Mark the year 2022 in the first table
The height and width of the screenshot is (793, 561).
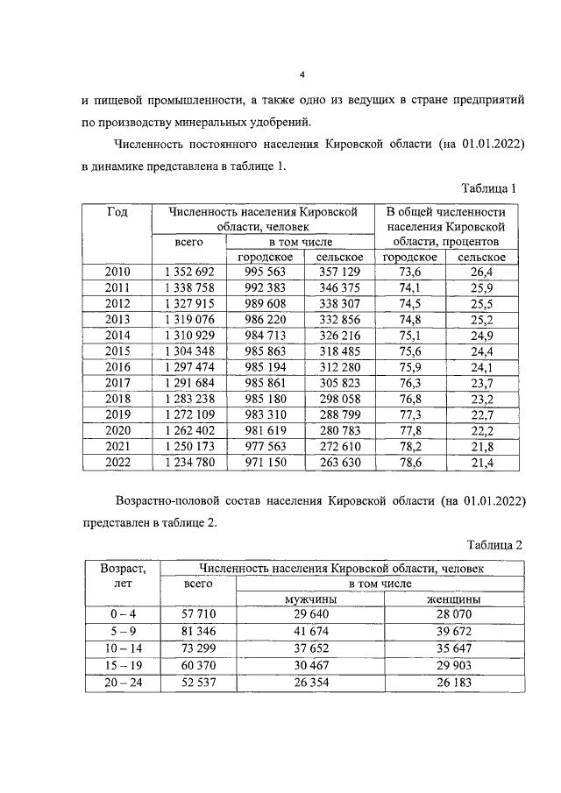tap(117, 462)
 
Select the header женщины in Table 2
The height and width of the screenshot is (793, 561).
tap(453, 598)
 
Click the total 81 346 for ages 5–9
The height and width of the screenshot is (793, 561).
tap(199, 630)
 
